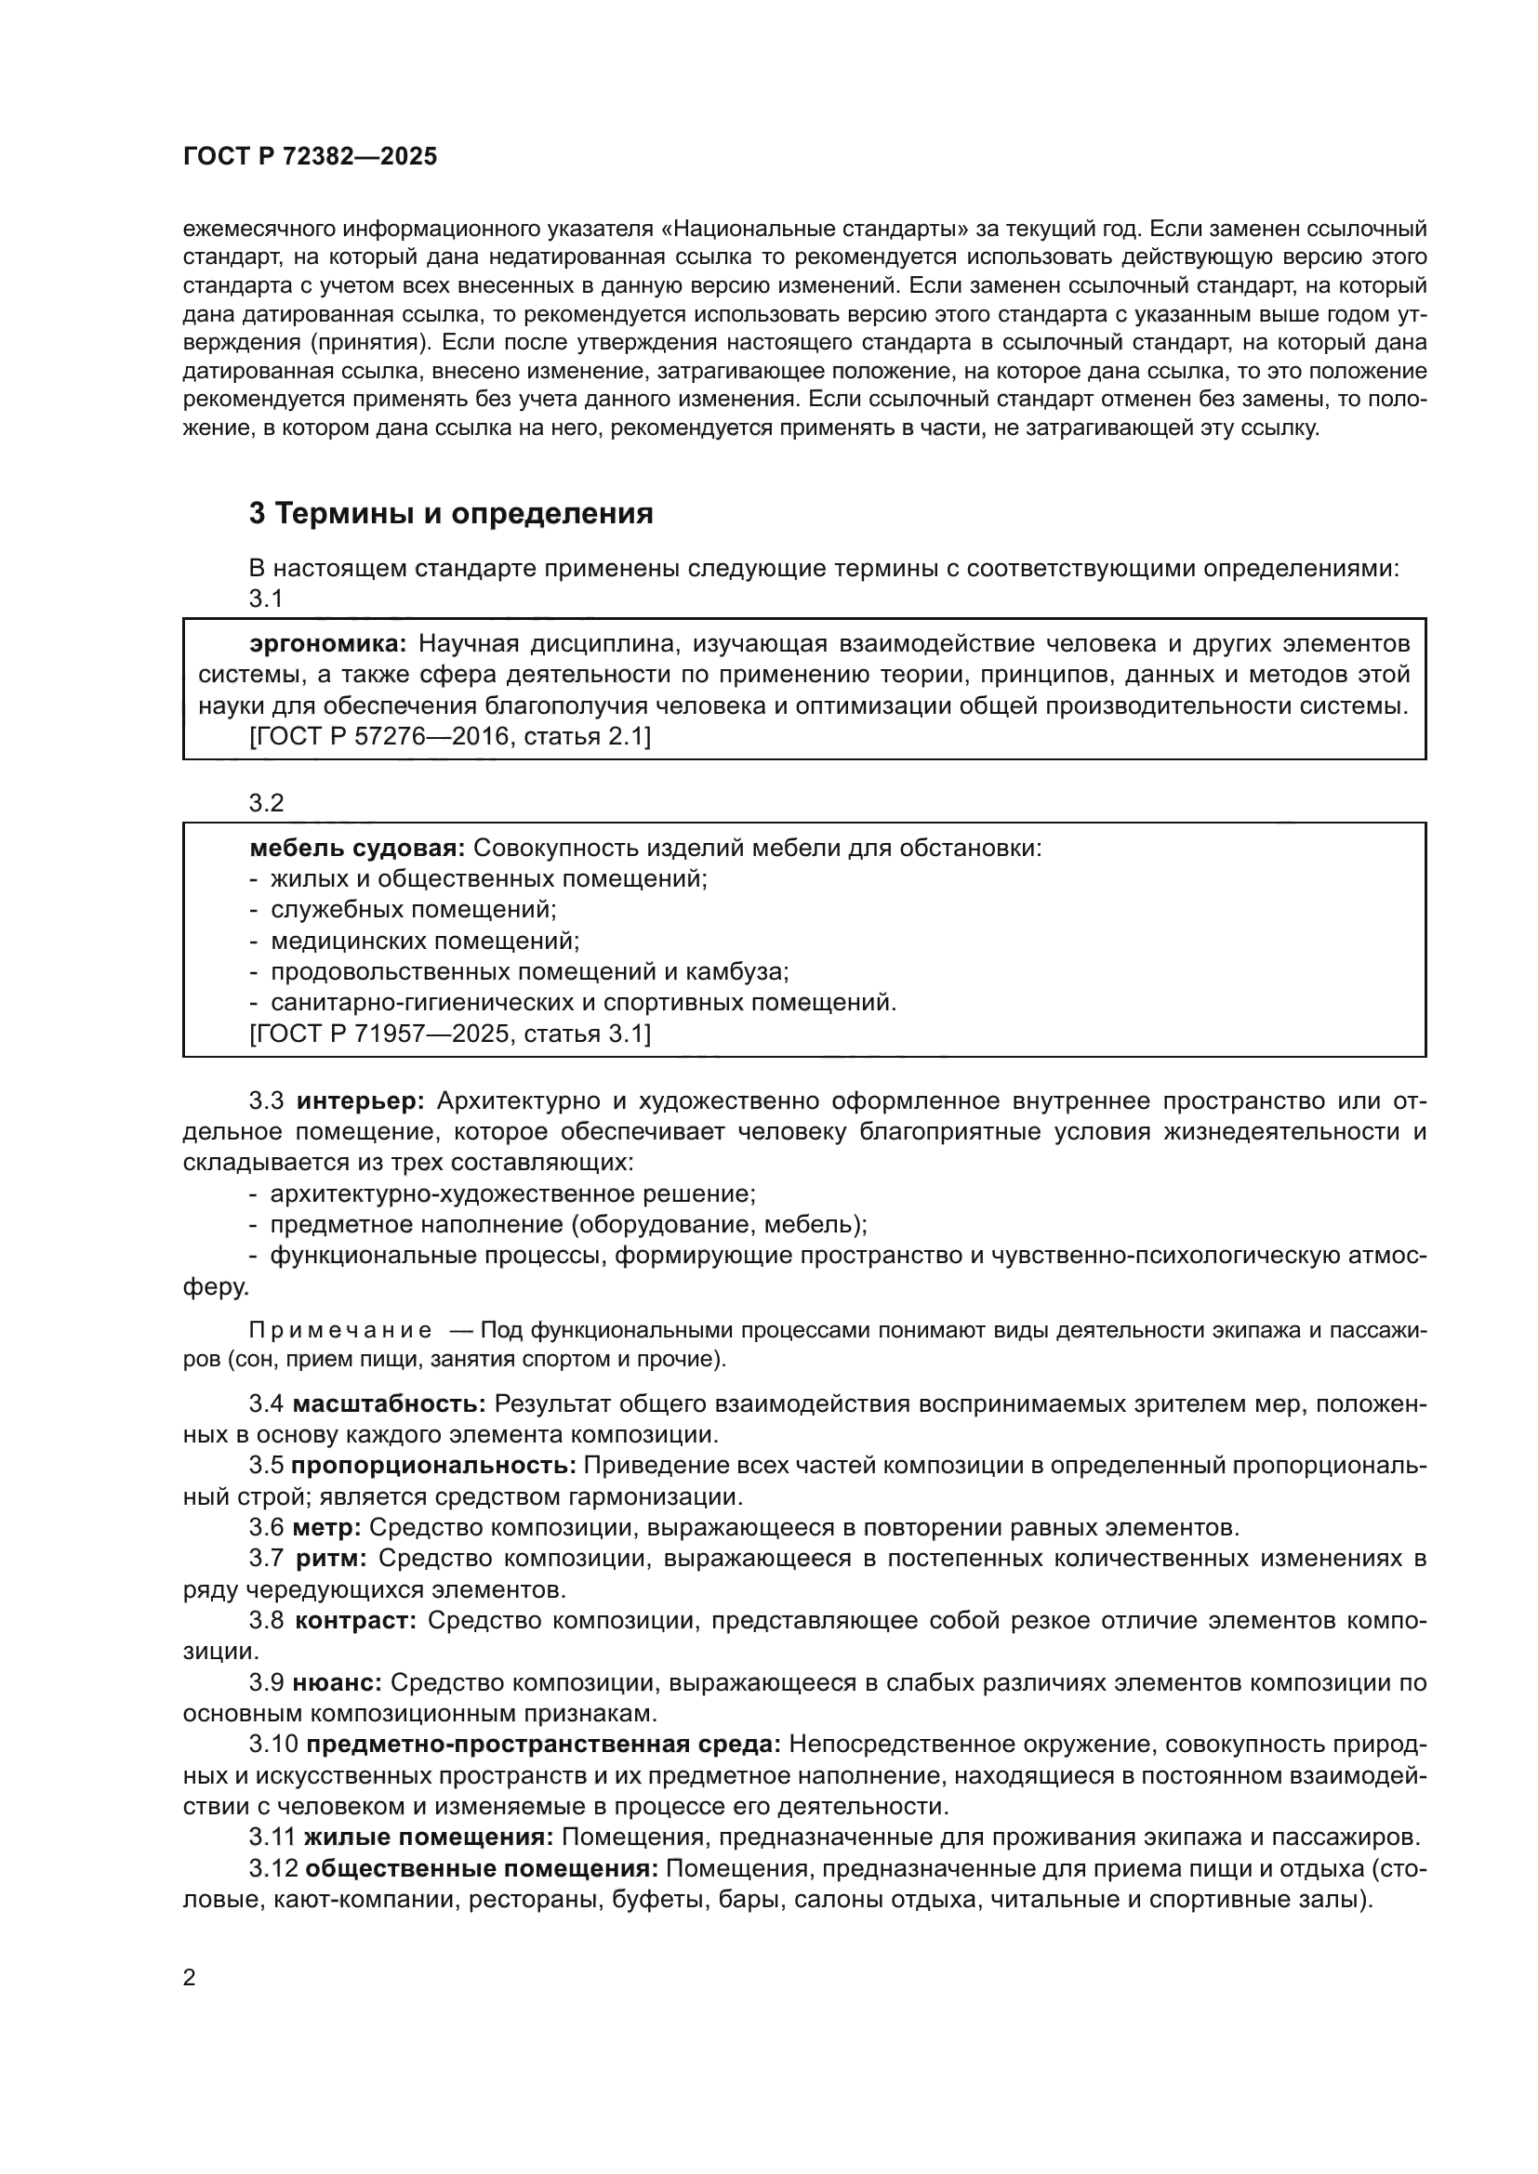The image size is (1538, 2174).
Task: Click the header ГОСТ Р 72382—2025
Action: pos(310,157)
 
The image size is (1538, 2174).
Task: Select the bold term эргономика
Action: pos(326,645)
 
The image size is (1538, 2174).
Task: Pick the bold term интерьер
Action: pos(361,1101)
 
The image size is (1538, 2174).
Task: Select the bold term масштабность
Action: pos(390,1403)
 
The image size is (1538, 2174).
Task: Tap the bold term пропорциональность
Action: pos(432,1466)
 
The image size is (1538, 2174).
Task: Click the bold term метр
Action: pos(325,1527)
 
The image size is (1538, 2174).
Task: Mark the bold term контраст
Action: pos(355,1620)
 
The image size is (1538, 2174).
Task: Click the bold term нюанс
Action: pos(337,1682)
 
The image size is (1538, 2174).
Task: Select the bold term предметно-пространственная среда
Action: pos(544,1744)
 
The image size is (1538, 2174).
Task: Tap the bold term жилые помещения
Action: pos(428,1838)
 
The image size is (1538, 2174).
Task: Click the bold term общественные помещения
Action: pos(482,1869)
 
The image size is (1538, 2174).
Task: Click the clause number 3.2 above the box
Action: pos(266,803)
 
